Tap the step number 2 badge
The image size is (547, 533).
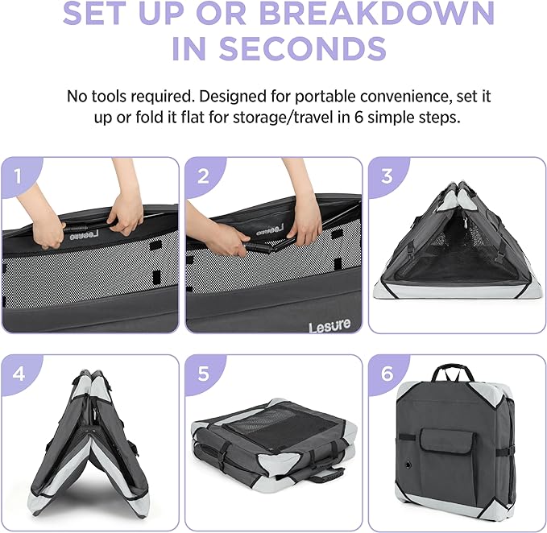[203, 176]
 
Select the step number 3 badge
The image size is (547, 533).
[387, 176]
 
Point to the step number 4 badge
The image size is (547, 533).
[19, 374]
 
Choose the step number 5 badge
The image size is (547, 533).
[203, 374]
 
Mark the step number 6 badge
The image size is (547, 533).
[387, 374]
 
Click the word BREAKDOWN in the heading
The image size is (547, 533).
[377, 13]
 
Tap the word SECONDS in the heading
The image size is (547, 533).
[303, 48]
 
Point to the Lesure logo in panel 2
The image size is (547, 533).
[329, 325]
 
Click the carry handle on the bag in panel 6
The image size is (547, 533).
[453, 370]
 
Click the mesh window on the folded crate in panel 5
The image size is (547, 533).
[279, 423]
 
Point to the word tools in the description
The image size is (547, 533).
[110, 97]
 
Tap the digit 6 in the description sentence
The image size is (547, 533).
[359, 118]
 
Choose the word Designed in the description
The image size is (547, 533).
[233, 97]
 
